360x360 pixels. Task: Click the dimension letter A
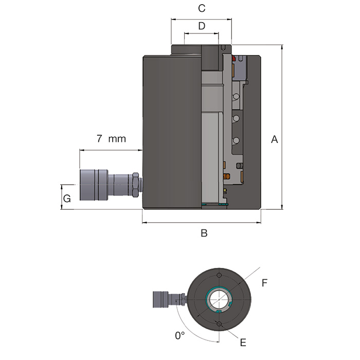coord(274,139)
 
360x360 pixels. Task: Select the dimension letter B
coord(204,233)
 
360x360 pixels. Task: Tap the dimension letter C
coord(202,8)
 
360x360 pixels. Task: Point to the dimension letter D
coord(202,26)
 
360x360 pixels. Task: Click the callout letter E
coord(243,343)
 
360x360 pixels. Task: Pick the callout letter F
coord(264,283)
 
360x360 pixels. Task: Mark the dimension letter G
coord(67,199)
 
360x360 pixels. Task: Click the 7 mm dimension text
coord(112,139)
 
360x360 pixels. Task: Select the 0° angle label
coord(180,336)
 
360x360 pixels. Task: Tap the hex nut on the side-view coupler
coord(135,185)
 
